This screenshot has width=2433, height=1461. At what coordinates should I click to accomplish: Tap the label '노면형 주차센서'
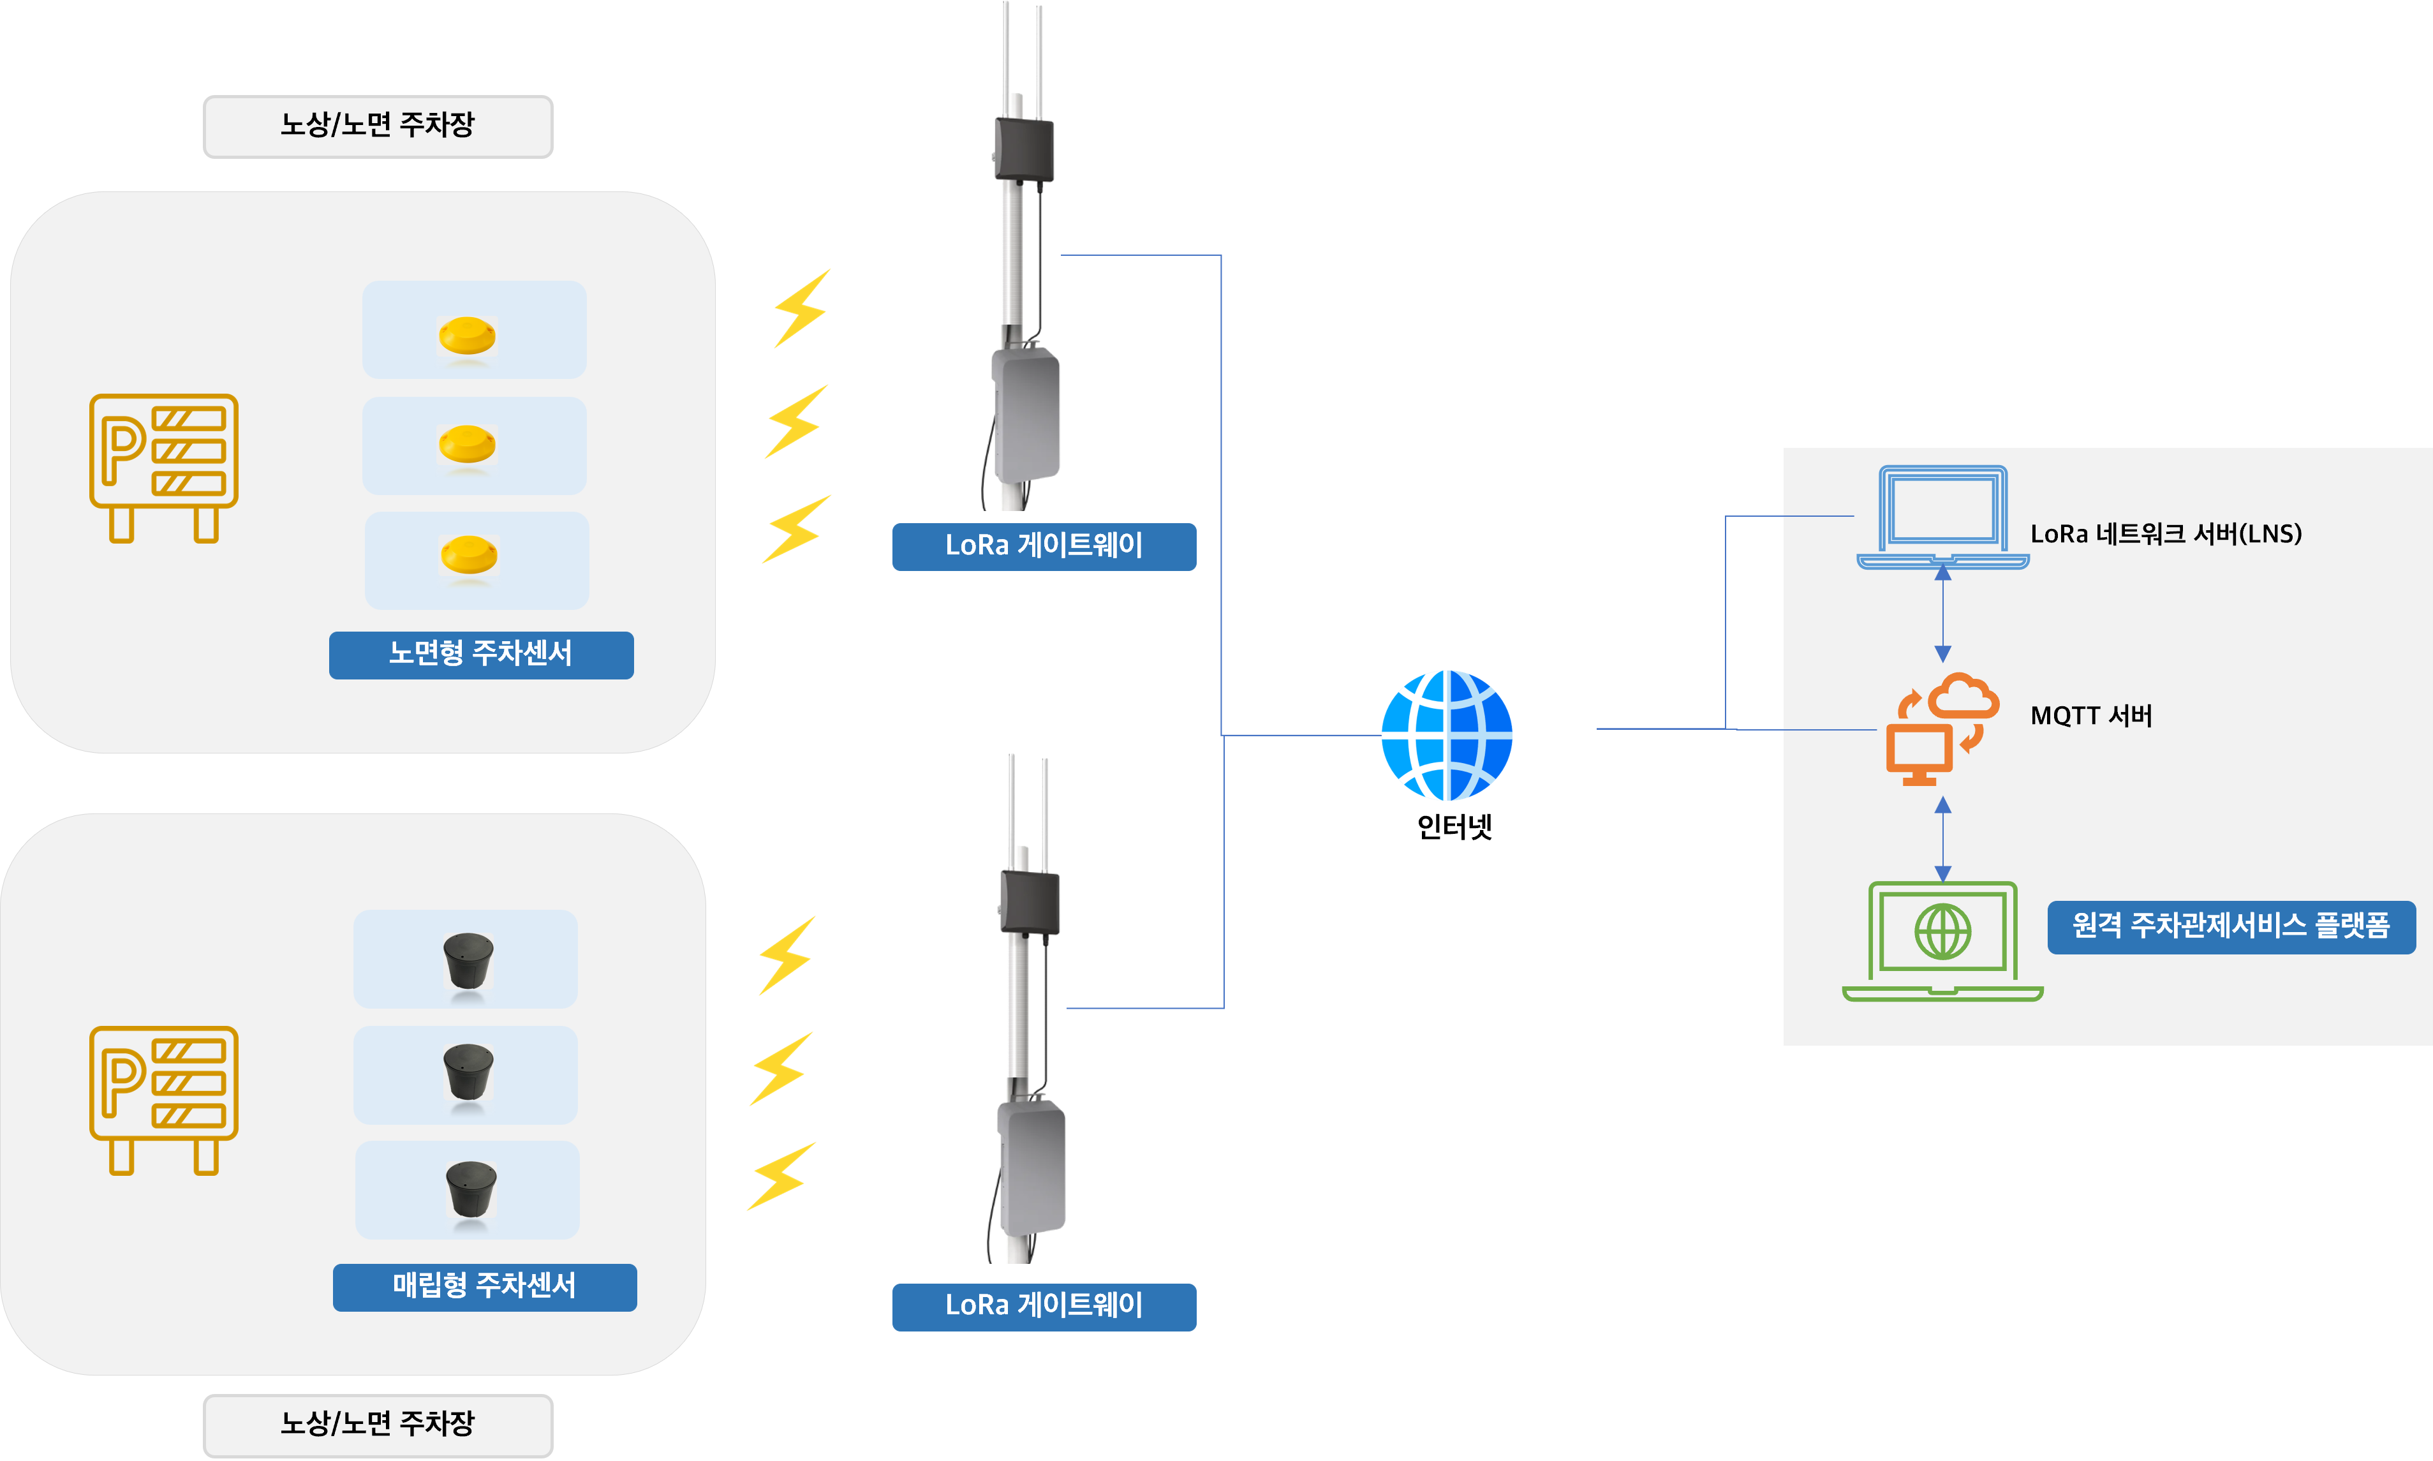[x=480, y=654]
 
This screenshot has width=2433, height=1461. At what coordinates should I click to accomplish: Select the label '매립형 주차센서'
[x=484, y=1286]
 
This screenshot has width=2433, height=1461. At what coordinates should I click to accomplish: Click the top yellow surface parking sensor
[x=466, y=335]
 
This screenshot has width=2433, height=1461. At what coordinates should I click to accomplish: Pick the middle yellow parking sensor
[x=466, y=444]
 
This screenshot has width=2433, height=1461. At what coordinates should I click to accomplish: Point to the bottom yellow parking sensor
[x=468, y=554]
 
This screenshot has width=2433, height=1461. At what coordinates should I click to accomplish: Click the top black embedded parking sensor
[x=468, y=960]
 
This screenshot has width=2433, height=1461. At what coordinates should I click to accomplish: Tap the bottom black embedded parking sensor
[x=470, y=1189]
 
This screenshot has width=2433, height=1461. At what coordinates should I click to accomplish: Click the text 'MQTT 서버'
[x=2090, y=716]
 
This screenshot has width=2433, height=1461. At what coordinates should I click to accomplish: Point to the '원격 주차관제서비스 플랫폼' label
[x=2230, y=926]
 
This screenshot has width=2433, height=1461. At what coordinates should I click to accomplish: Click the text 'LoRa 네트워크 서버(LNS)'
[x=2165, y=533]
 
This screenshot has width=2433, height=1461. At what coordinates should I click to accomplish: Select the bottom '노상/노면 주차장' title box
[x=378, y=1423]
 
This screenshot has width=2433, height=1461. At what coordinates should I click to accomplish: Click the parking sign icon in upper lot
[x=163, y=468]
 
